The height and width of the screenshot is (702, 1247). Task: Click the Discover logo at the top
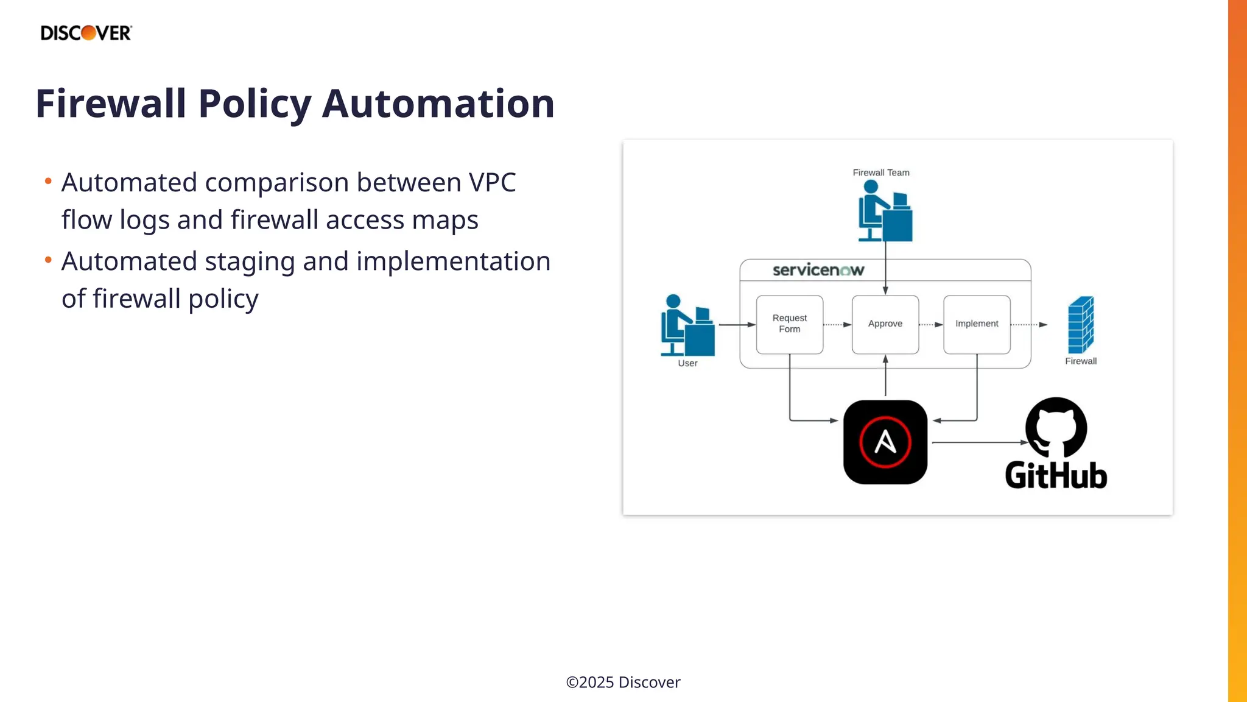tap(86, 33)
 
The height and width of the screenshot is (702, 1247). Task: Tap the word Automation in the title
tap(438, 104)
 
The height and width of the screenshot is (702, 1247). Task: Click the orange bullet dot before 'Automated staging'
tap(48, 260)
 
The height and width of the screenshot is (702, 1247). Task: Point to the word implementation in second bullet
tap(453, 261)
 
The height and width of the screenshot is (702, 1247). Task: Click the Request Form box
tap(789, 324)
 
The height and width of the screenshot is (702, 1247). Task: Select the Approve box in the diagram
tap(885, 324)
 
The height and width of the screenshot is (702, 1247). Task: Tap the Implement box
tap(977, 324)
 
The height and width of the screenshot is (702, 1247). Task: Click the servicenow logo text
tap(818, 270)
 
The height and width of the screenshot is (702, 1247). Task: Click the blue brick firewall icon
tap(1081, 325)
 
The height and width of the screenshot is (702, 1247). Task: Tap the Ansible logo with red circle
tap(885, 442)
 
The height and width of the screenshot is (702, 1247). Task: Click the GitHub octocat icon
tap(1056, 427)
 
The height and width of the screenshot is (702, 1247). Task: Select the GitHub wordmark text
tap(1056, 476)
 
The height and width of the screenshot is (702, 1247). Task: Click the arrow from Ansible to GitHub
tap(977, 442)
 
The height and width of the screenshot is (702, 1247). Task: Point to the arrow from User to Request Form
tap(737, 325)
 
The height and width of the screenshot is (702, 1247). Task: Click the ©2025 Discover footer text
tap(623, 682)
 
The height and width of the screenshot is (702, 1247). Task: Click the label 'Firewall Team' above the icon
tap(880, 172)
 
